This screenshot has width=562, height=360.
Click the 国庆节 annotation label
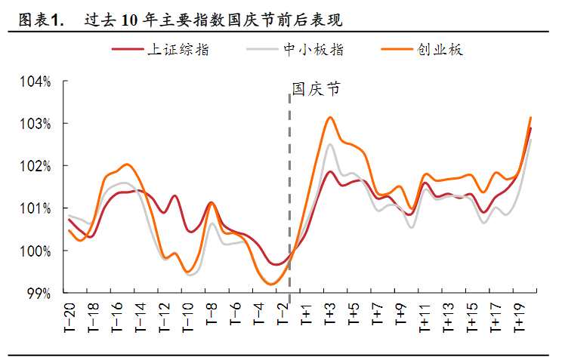pyautogui.click(x=316, y=89)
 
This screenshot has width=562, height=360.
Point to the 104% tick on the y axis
pyautogui.click(x=35, y=82)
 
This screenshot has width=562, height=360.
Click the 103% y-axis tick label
pyautogui.click(x=35, y=124)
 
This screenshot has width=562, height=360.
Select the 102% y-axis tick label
pyautogui.click(x=35, y=166)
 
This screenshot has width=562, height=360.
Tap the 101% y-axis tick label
pyautogui.click(x=35, y=208)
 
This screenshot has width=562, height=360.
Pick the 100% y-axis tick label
pyautogui.click(x=35, y=251)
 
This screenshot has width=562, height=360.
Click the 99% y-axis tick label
pyautogui.click(x=38, y=293)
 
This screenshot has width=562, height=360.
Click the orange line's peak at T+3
pyautogui.click(x=330, y=117)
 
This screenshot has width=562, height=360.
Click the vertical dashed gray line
pyautogui.click(x=290, y=189)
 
